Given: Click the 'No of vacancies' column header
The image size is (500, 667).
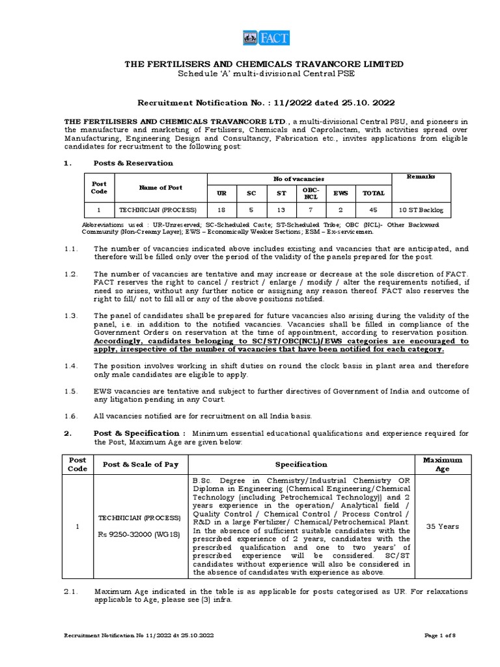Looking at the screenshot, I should click(x=299, y=178).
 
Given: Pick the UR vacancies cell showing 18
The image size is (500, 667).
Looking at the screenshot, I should click(x=222, y=210).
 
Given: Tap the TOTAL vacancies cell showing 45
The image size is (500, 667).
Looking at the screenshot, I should click(x=374, y=210).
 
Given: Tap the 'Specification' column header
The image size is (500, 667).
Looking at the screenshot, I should click(x=301, y=464).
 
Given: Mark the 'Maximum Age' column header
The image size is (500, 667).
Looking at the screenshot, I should click(x=442, y=464).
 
